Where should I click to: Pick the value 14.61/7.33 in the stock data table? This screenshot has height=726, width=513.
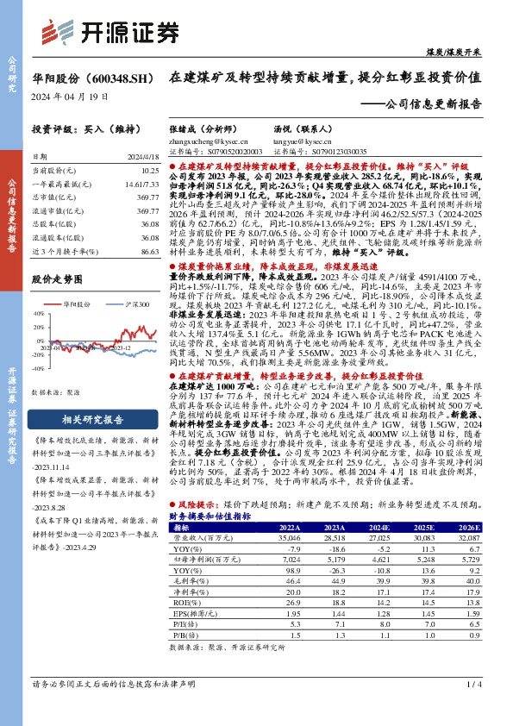[142, 185]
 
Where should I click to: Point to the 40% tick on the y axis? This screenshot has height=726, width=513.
[39, 315]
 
